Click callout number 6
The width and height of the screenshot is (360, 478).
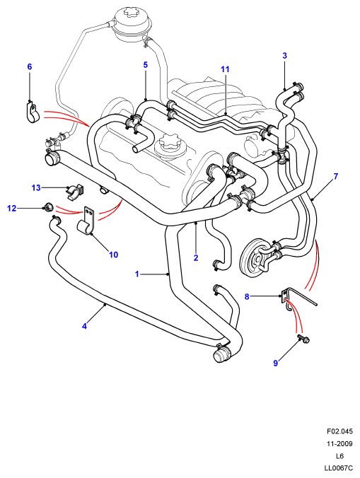(30, 66)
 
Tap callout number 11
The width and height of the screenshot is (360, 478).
(225, 69)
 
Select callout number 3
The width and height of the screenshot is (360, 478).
(285, 55)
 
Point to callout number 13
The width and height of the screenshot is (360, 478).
(36, 187)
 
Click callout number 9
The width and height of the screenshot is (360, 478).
(276, 363)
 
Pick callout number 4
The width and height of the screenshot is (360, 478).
(84, 326)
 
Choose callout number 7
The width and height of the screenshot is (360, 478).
(336, 176)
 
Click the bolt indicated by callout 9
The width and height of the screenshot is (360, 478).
(303, 339)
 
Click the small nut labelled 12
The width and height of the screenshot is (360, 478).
(48, 207)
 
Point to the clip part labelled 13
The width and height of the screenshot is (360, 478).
(75, 192)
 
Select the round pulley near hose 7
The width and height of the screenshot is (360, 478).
(255, 258)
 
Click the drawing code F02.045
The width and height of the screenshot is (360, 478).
(340, 431)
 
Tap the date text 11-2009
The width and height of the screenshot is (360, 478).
(340, 444)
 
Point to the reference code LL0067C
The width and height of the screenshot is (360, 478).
(339, 468)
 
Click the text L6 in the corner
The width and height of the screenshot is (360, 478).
(340, 456)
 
